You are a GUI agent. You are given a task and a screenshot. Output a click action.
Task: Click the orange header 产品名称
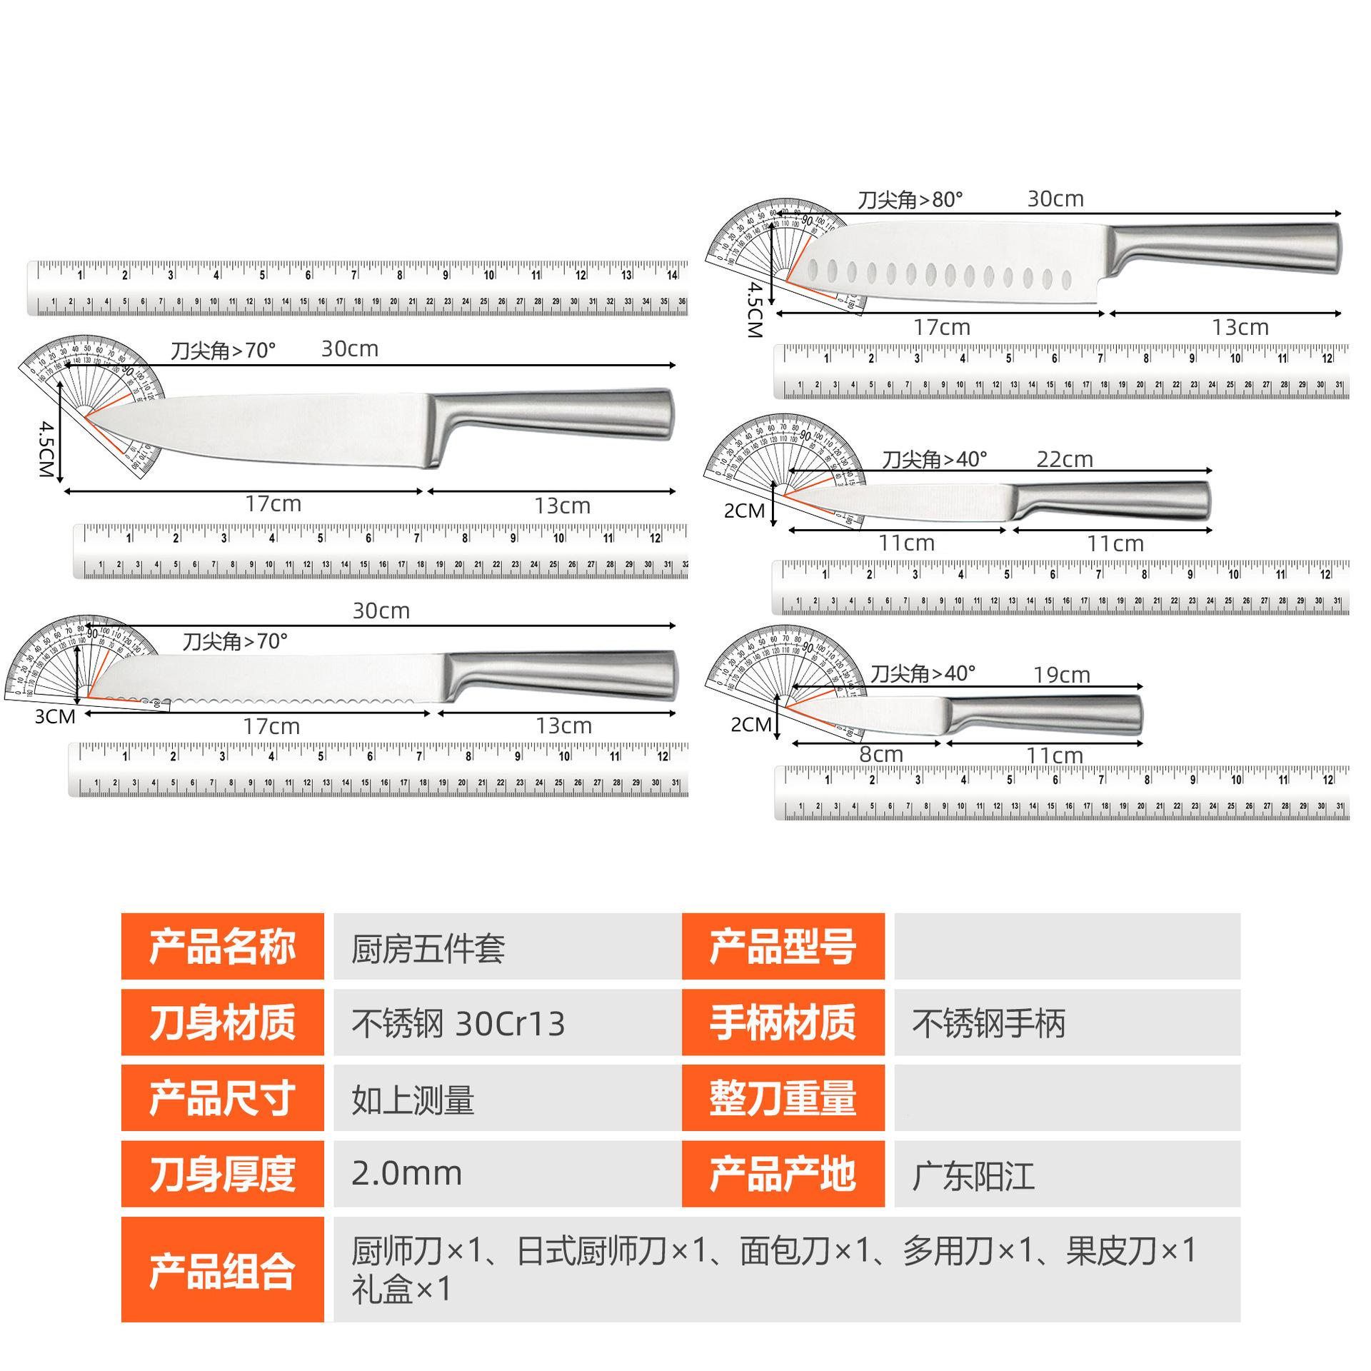click(x=222, y=946)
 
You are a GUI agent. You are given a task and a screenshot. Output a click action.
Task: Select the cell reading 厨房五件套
click(x=428, y=949)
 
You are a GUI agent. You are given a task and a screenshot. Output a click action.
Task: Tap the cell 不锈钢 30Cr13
click(x=458, y=1023)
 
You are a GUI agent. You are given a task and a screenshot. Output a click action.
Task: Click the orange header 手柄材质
click(x=783, y=1023)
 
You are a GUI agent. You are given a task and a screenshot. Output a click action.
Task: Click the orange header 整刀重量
click(x=783, y=1098)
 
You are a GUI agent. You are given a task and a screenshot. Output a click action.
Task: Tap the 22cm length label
click(x=1065, y=459)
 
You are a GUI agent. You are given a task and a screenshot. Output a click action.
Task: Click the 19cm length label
click(x=1062, y=675)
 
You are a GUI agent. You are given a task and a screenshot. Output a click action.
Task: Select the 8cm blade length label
click(x=881, y=754)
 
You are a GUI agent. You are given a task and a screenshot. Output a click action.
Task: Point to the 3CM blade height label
click(x=55, y=716)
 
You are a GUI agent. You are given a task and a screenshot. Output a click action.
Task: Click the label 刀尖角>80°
click(x=910, y=199)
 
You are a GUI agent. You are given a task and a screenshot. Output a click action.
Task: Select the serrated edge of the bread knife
click(x=286, y=701)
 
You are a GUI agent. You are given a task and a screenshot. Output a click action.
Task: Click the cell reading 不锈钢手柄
click(x=988, y=1023)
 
